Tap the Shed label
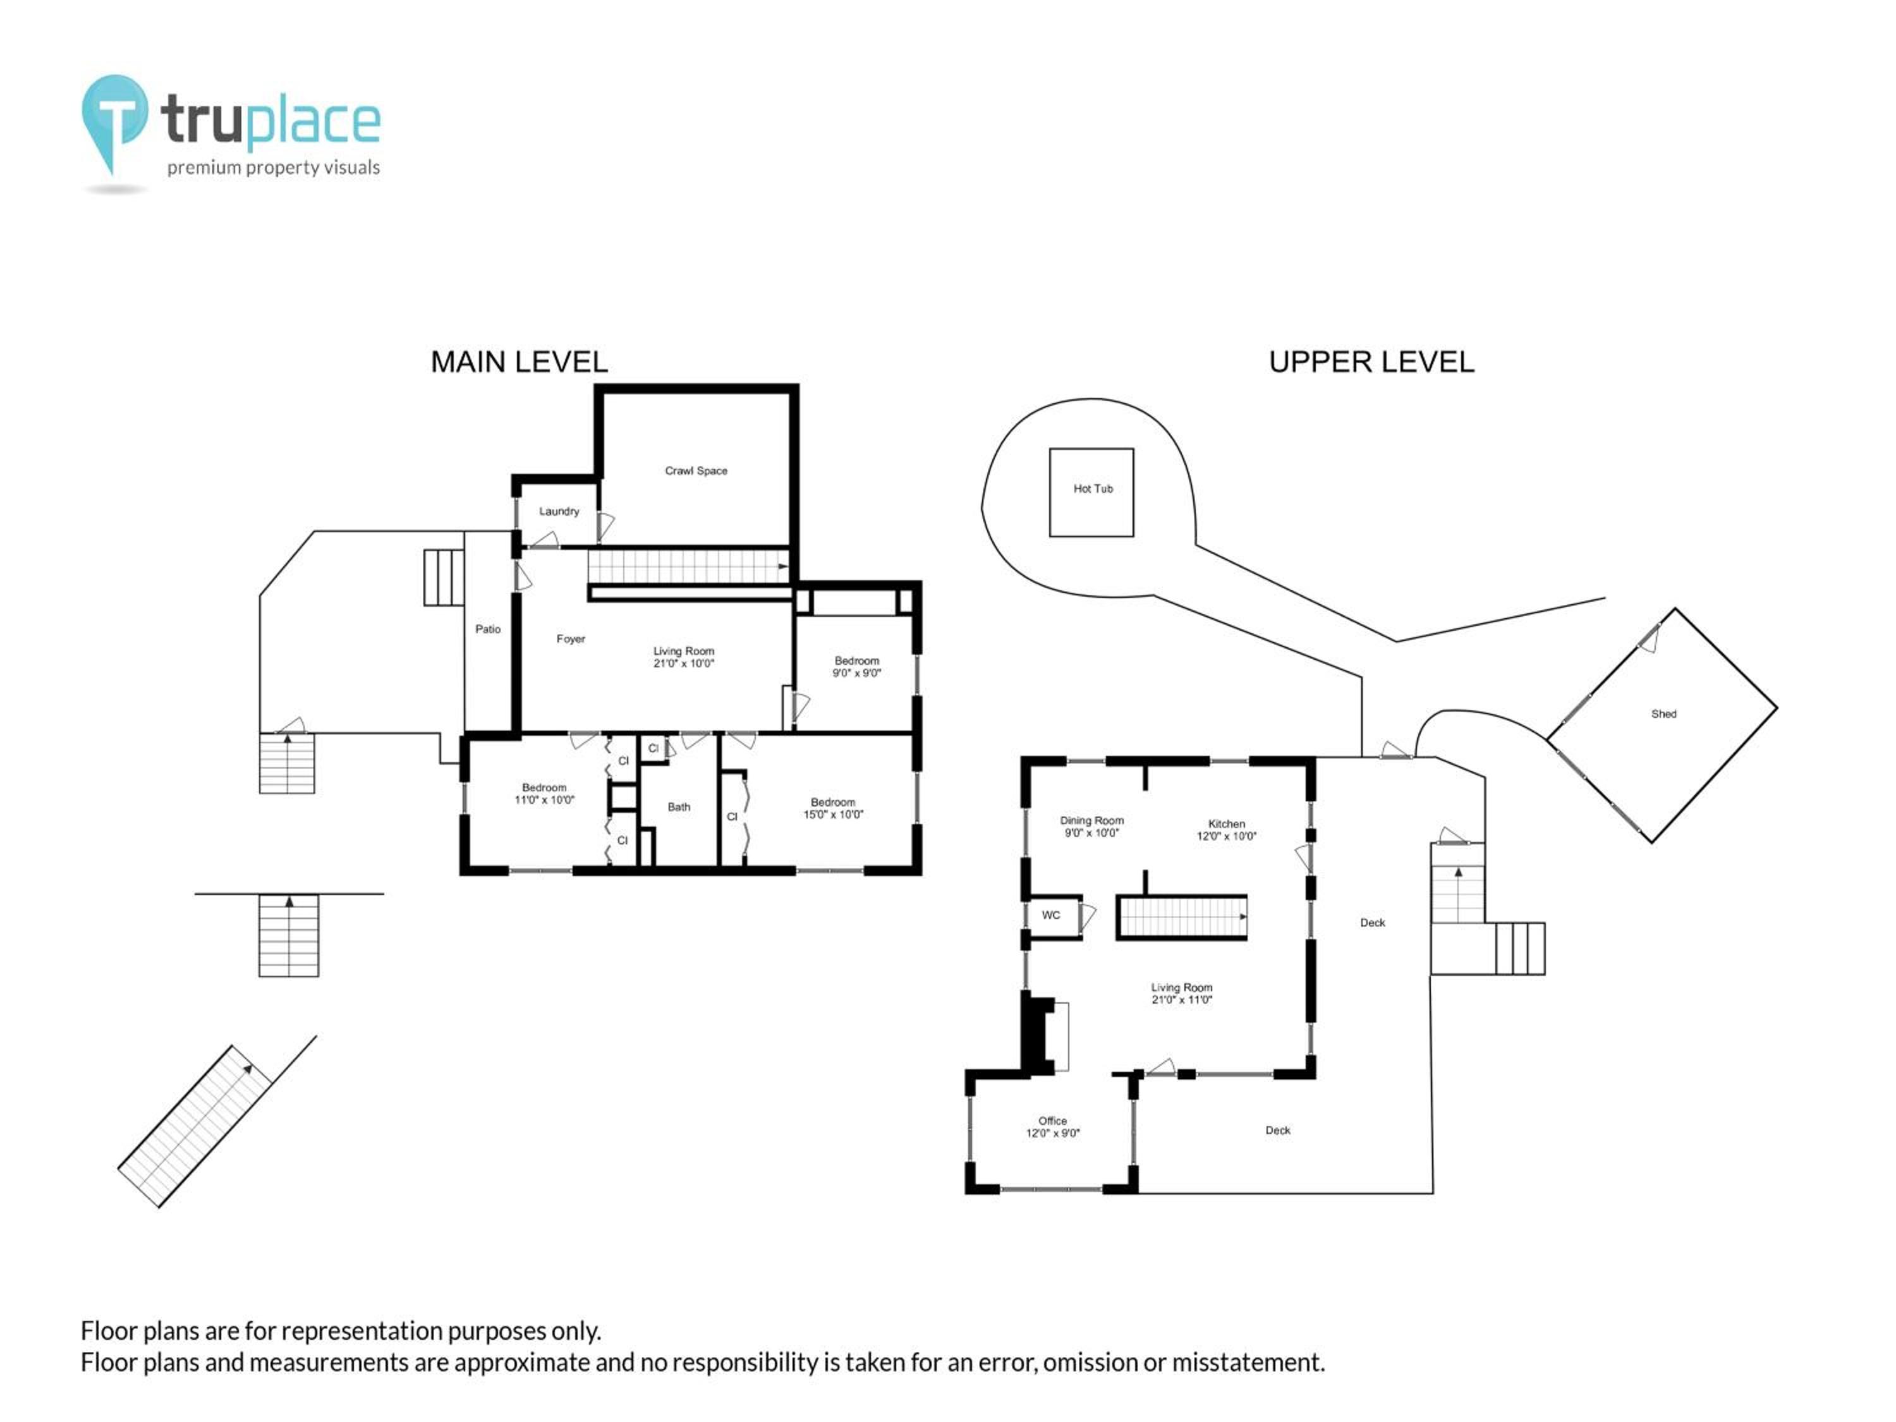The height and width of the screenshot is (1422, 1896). coord(1663,713)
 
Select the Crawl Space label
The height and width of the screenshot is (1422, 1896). coord(696,471)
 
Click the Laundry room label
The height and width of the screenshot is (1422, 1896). coord(559,511)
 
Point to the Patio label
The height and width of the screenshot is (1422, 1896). coord(488,629)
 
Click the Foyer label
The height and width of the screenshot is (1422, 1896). coord(571,638)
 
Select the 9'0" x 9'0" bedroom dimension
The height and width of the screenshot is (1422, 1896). coord(856,673)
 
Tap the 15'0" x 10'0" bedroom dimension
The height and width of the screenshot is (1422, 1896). coord(832,814)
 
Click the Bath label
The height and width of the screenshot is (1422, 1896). coord(679,806)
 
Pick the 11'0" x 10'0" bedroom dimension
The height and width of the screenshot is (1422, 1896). coord(544,799)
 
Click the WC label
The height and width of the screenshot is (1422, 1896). coord(1051,915)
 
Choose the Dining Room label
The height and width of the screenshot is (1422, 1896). coord(1091,820)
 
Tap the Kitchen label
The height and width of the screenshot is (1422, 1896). coord(1227,823)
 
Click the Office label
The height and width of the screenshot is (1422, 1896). coord(1052,1121)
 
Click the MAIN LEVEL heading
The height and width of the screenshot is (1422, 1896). coord(520,362)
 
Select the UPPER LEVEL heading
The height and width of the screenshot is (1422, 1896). coord(1371,362)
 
